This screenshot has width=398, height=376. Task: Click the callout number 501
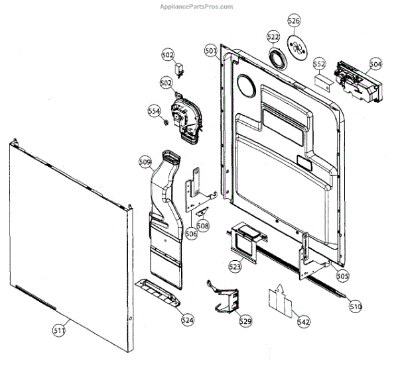pos(210,51)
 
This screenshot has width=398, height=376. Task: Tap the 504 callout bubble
pos(376,64)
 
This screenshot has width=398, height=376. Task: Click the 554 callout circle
pos(155,111)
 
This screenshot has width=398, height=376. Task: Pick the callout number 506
pos(191,233)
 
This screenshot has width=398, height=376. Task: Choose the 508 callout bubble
pos(203,226)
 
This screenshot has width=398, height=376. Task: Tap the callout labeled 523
pos(235,267)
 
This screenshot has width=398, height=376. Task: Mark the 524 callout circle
pos(188,320)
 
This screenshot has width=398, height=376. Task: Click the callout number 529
pos(245,321)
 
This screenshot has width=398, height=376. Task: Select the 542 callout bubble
pos(304,322)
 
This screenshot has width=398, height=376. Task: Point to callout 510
pos(356,306)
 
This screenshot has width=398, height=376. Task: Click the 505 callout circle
pos(342,275)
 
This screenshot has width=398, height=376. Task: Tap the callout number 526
pos(294,21)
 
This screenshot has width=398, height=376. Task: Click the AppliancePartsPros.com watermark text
pos(198,7)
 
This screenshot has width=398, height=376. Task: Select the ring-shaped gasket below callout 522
pos(277,58)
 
